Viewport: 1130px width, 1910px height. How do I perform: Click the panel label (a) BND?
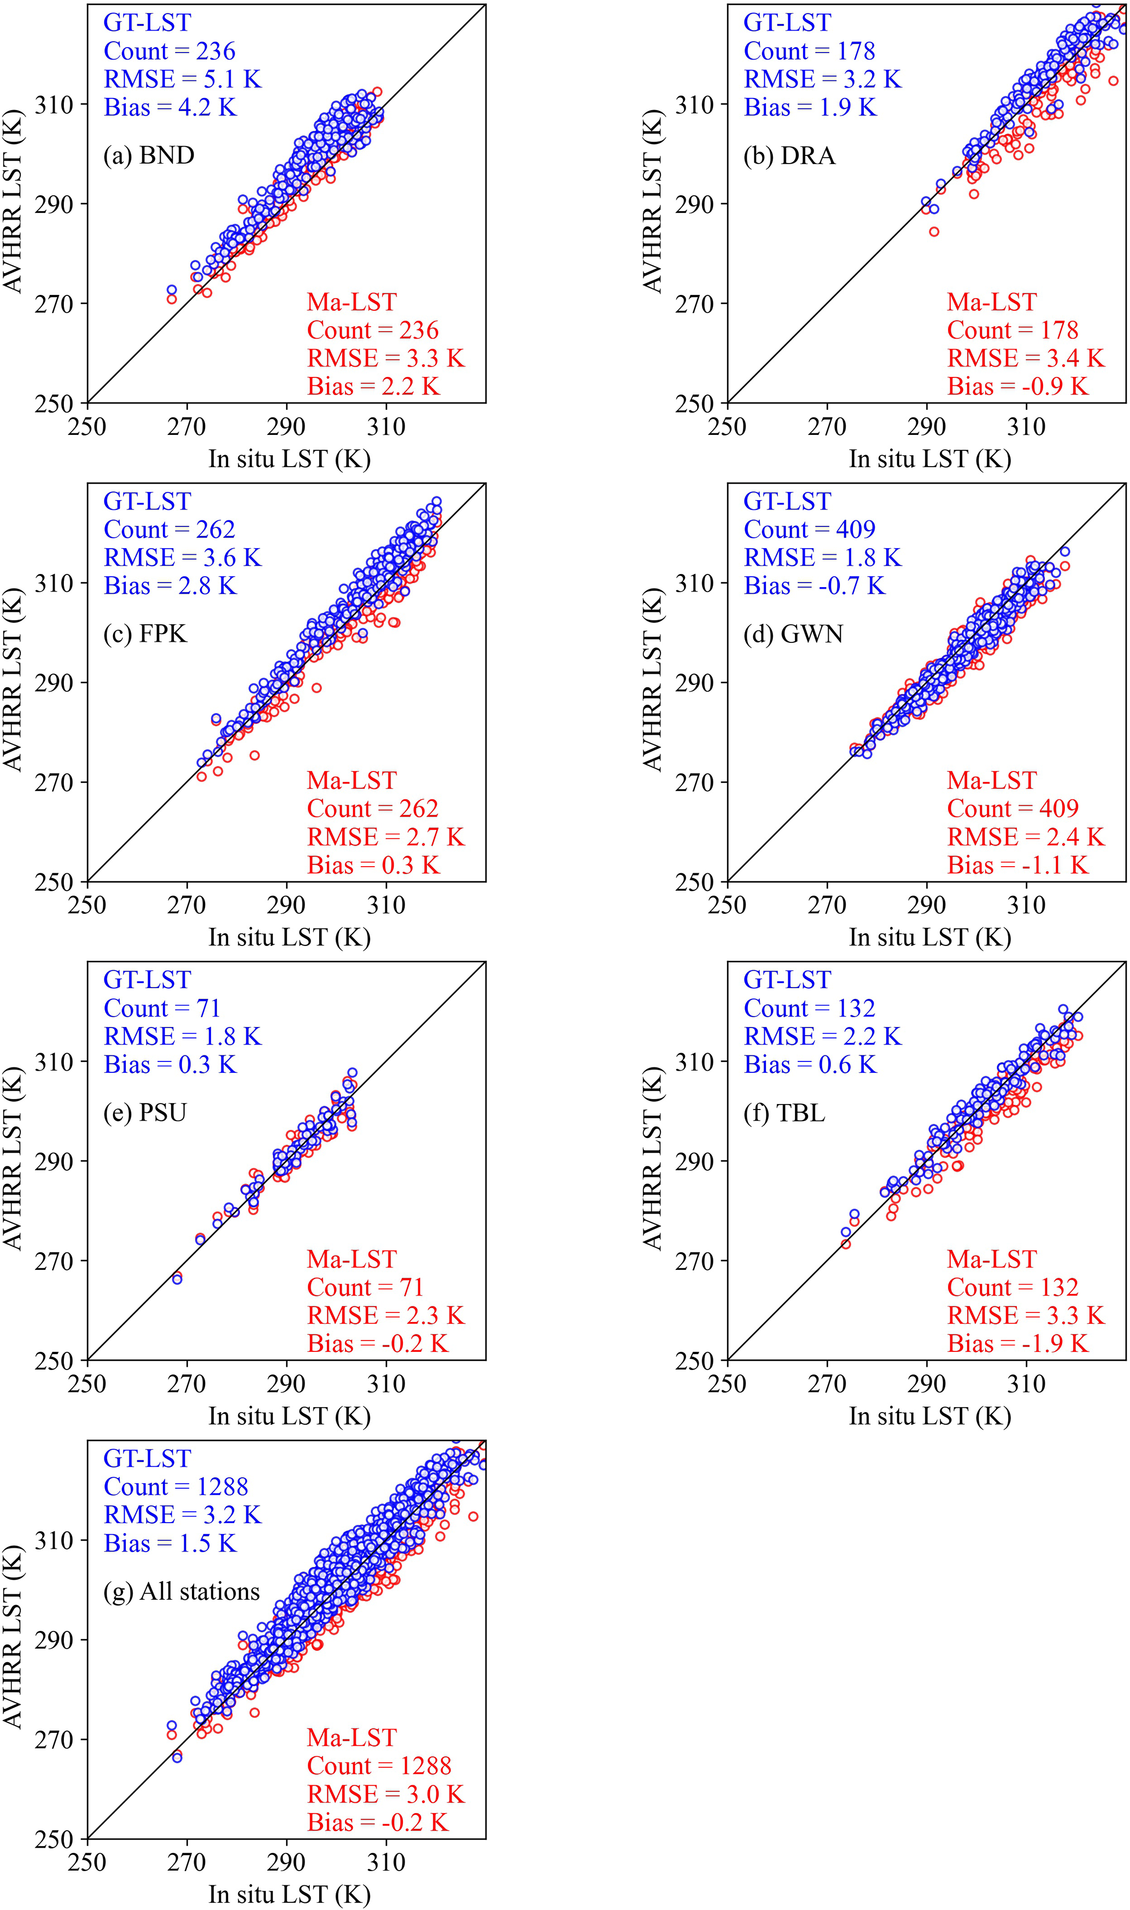pyautogui.click(x=149, y=155)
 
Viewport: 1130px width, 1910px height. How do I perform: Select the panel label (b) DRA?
pyautogui.click(x=789, y=155)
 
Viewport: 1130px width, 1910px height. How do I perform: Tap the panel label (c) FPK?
pyautogui.click(x=145, y=634)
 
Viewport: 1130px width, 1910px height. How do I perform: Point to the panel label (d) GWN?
pyautogui.click(x=793, y=634)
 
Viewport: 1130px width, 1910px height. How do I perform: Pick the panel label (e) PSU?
pyautogui.click(x=145, y=1112)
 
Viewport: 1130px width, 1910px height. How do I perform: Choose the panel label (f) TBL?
pyautogui.click(x=784, y=1112)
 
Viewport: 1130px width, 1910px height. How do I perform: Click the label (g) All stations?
pyautogui.click(x=181, y=1592)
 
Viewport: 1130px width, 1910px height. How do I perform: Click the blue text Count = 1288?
pyautogui.click(x=176, y=1487)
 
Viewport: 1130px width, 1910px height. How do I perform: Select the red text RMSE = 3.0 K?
pyautogui.click(x=385, y=1794)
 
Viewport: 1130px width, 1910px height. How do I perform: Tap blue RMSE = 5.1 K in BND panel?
pyautogui.click(x=182, y=79)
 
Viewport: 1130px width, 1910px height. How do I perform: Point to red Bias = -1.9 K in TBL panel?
pyautogui.click(x=1017, y=1343)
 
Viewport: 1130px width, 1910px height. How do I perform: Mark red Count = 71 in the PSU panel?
pyautogui.click(x=365, y=1287)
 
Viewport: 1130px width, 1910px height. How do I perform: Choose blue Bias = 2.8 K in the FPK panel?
pyautogui.click(x=170, y=586)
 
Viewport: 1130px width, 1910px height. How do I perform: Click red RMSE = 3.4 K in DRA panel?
pyautogui.click(x=1025, y=358)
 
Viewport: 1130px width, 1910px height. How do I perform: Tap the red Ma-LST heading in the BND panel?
pyautogui.click(x=352, y=303)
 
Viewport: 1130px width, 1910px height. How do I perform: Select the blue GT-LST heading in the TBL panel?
pyautogui.click(x=787, y=980)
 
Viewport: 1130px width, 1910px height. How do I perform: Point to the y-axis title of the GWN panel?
pyautogui.click(x=653, y=681)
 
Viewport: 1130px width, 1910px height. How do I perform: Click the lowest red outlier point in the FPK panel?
pyautogui.click(x=254, y=756)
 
